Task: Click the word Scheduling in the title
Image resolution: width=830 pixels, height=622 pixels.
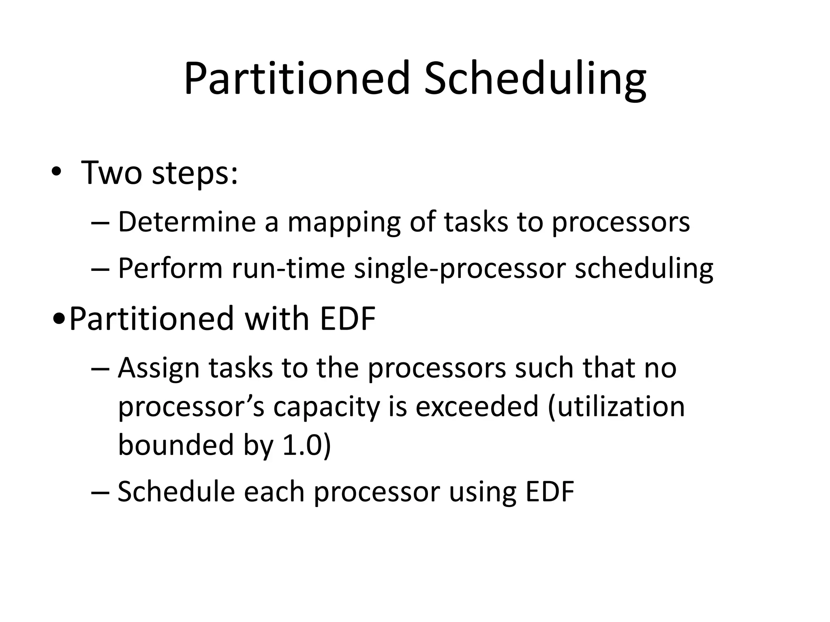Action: (535, 79)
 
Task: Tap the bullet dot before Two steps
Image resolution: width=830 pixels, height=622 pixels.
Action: (56, 173)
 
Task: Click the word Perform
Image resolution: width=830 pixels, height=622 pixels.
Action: (170, 268)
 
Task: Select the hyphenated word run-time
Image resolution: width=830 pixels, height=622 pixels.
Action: (288, 268)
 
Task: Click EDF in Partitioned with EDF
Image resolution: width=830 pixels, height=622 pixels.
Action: (348, 319)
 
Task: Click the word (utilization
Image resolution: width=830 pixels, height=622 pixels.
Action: (616, 407)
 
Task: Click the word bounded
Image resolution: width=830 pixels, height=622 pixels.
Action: (176, 445)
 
